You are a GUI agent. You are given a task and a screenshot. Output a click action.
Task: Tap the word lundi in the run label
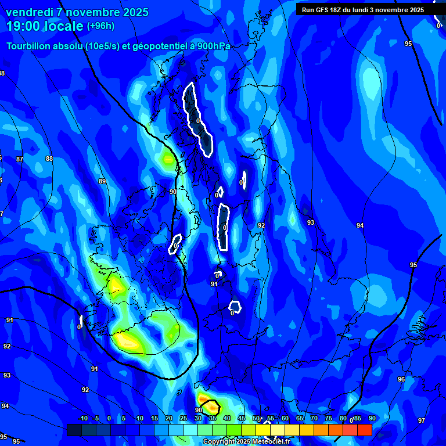(370, 9)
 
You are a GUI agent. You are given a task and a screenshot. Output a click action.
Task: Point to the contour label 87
(20, 159)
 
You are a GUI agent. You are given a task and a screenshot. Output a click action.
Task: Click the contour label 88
(49, 159)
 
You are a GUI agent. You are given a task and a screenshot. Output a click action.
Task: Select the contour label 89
(102, 182)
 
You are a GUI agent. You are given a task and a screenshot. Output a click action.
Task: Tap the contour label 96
(401, 379)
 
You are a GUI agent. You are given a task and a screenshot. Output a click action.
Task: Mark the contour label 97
(422, 420)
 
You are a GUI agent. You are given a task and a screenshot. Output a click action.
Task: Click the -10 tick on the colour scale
(82, 418)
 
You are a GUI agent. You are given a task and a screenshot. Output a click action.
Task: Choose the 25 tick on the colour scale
(184, 418)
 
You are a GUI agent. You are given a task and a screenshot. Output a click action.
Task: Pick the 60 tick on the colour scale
(285, 418)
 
